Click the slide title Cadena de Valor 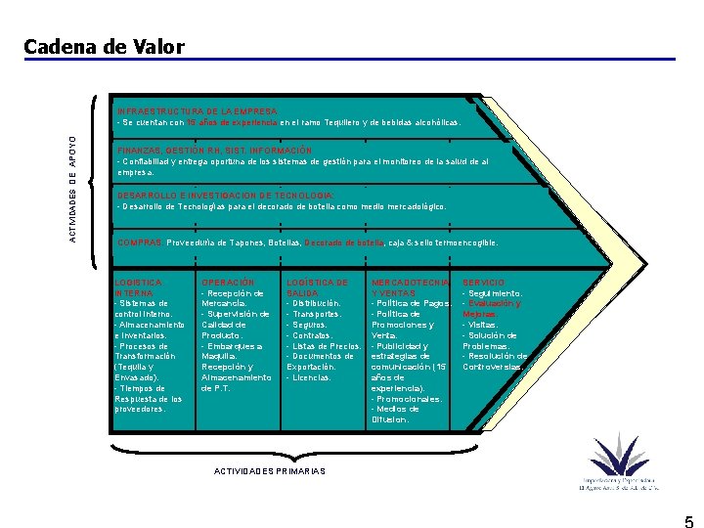pyautogui.click(x=86, y=46)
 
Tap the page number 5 pyautogui.click(x=688, y=520)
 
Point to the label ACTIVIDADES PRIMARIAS pyautogui.click(x=270, y=471)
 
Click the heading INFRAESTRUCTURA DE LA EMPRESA pyautogui.click(x=198, y=111)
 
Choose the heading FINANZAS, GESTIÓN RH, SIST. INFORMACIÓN pyautogui.click(x=215, y=151)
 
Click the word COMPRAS pyautogui.click(x=140, y=242)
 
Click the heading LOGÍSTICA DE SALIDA pyautogui.click(x=317, y=287)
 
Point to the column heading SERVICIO pyautogui.click(x=484, y=283)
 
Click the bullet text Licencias pyautogui.click(x=312, y=377)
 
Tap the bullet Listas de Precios pyautogui.click(x=327, y=346)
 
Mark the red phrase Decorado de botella pyautogui.click(x=344, y=242)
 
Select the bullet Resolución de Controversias pyautogui.click(x=495, y=362)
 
